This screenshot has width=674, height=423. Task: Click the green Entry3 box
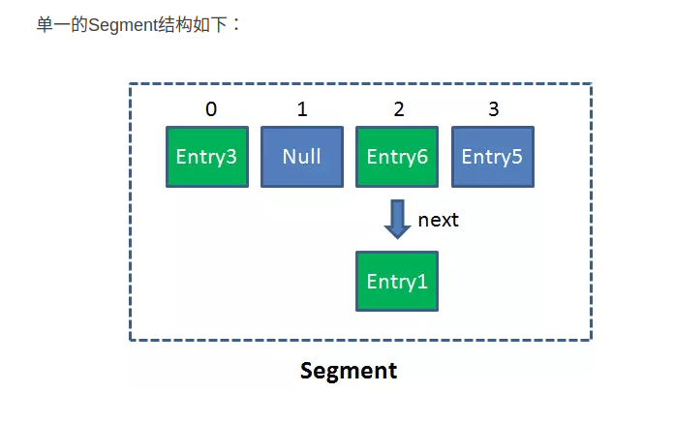tap(207, 157)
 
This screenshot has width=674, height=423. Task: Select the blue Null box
tap(302, 157)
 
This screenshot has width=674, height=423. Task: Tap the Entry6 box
tap(397, 157)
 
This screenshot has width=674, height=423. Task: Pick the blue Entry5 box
tap(493, 157)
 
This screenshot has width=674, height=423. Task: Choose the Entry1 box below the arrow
tap(397, 282)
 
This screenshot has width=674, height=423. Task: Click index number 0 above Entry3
tap(211, 109)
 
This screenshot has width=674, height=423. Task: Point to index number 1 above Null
tap(302, 109)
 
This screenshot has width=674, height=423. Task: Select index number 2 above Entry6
tap(399, 109)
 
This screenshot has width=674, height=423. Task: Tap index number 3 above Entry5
tap(494, 109)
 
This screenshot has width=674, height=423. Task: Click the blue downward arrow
tap(398, 220)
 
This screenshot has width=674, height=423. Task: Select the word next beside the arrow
tap(438, 220)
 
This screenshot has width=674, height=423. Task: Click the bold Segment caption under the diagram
tap(349, 371)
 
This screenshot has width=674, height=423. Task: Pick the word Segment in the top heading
tap(123, 25)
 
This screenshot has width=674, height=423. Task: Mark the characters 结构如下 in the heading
tap(193, 24)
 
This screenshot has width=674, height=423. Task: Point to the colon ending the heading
tap(236, 24)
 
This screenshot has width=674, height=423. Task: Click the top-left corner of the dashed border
tap(130, 84)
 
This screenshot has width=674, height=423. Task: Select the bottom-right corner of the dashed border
tap(592, 340)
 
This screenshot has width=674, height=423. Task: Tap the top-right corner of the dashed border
tap(592, 84)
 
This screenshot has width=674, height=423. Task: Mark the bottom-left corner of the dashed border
tap(130, 340)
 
